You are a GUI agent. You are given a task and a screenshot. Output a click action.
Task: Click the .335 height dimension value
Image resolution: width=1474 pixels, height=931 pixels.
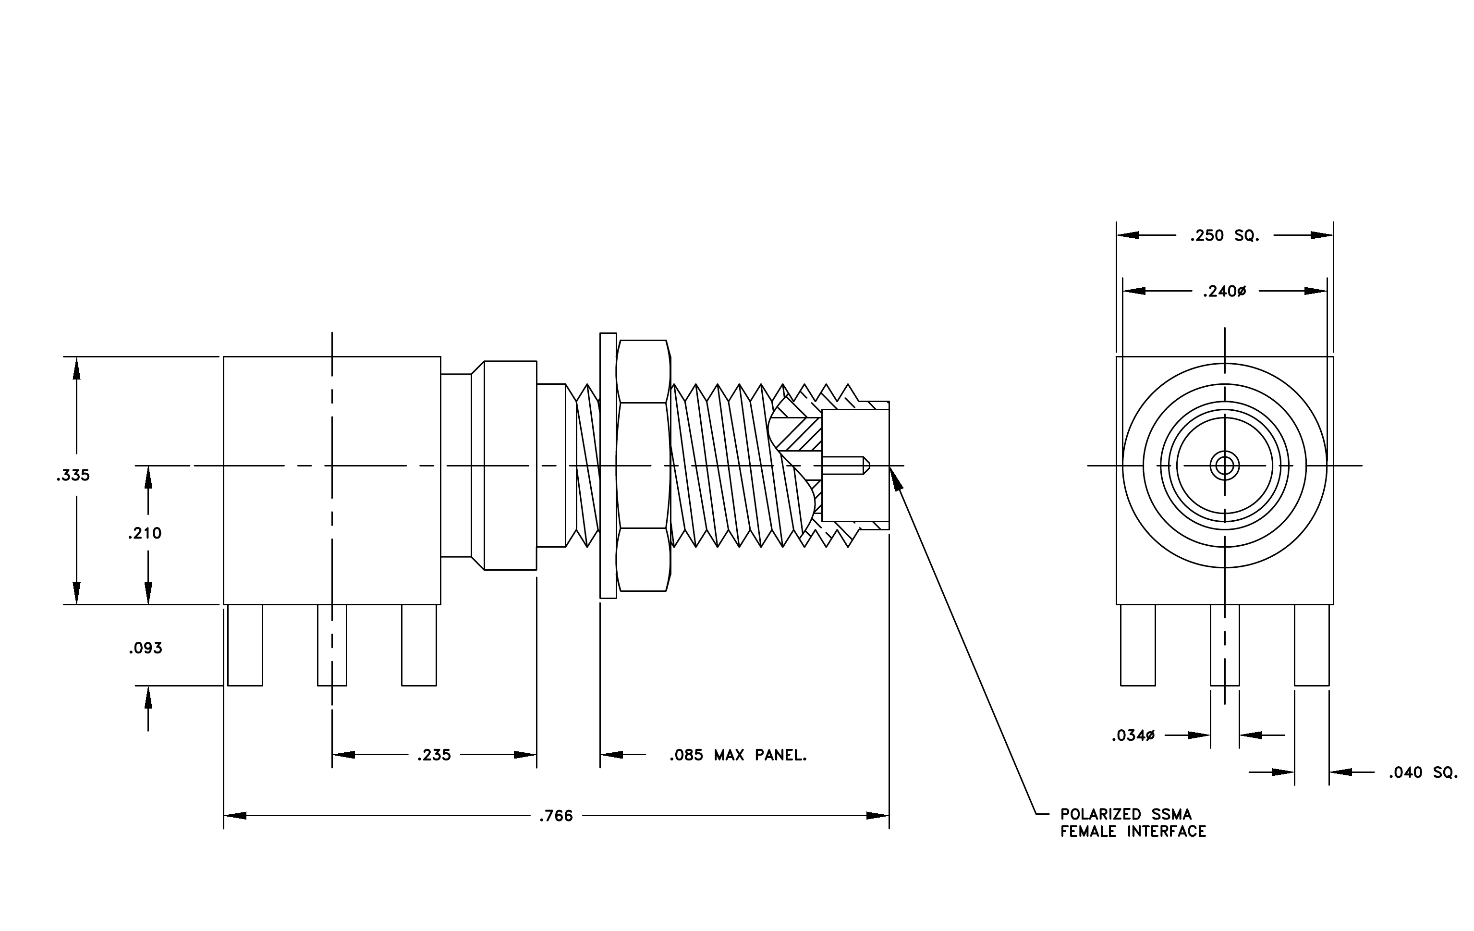[73, 475]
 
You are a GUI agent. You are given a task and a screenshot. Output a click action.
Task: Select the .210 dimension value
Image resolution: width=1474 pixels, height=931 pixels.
[145, 533]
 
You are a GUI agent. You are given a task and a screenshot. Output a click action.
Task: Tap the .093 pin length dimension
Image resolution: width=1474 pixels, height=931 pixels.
[146, 648]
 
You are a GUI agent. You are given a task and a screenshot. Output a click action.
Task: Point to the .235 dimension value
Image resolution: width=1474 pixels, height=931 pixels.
[434, 755]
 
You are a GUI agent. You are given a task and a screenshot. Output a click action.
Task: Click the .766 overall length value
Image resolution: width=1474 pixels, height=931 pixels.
[556, 816]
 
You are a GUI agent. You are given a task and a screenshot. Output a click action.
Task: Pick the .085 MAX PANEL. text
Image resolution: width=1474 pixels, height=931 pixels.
[738, 755]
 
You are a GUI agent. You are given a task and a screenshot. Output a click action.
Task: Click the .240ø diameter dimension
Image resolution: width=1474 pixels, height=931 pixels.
[1224, 292]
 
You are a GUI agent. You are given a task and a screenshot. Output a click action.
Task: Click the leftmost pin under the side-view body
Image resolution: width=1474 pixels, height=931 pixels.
[245, 645]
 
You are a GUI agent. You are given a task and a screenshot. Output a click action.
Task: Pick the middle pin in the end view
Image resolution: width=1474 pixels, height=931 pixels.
[1225, 645]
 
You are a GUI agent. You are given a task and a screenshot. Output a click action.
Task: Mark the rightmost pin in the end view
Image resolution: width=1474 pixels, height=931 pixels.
[1312, 645]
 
